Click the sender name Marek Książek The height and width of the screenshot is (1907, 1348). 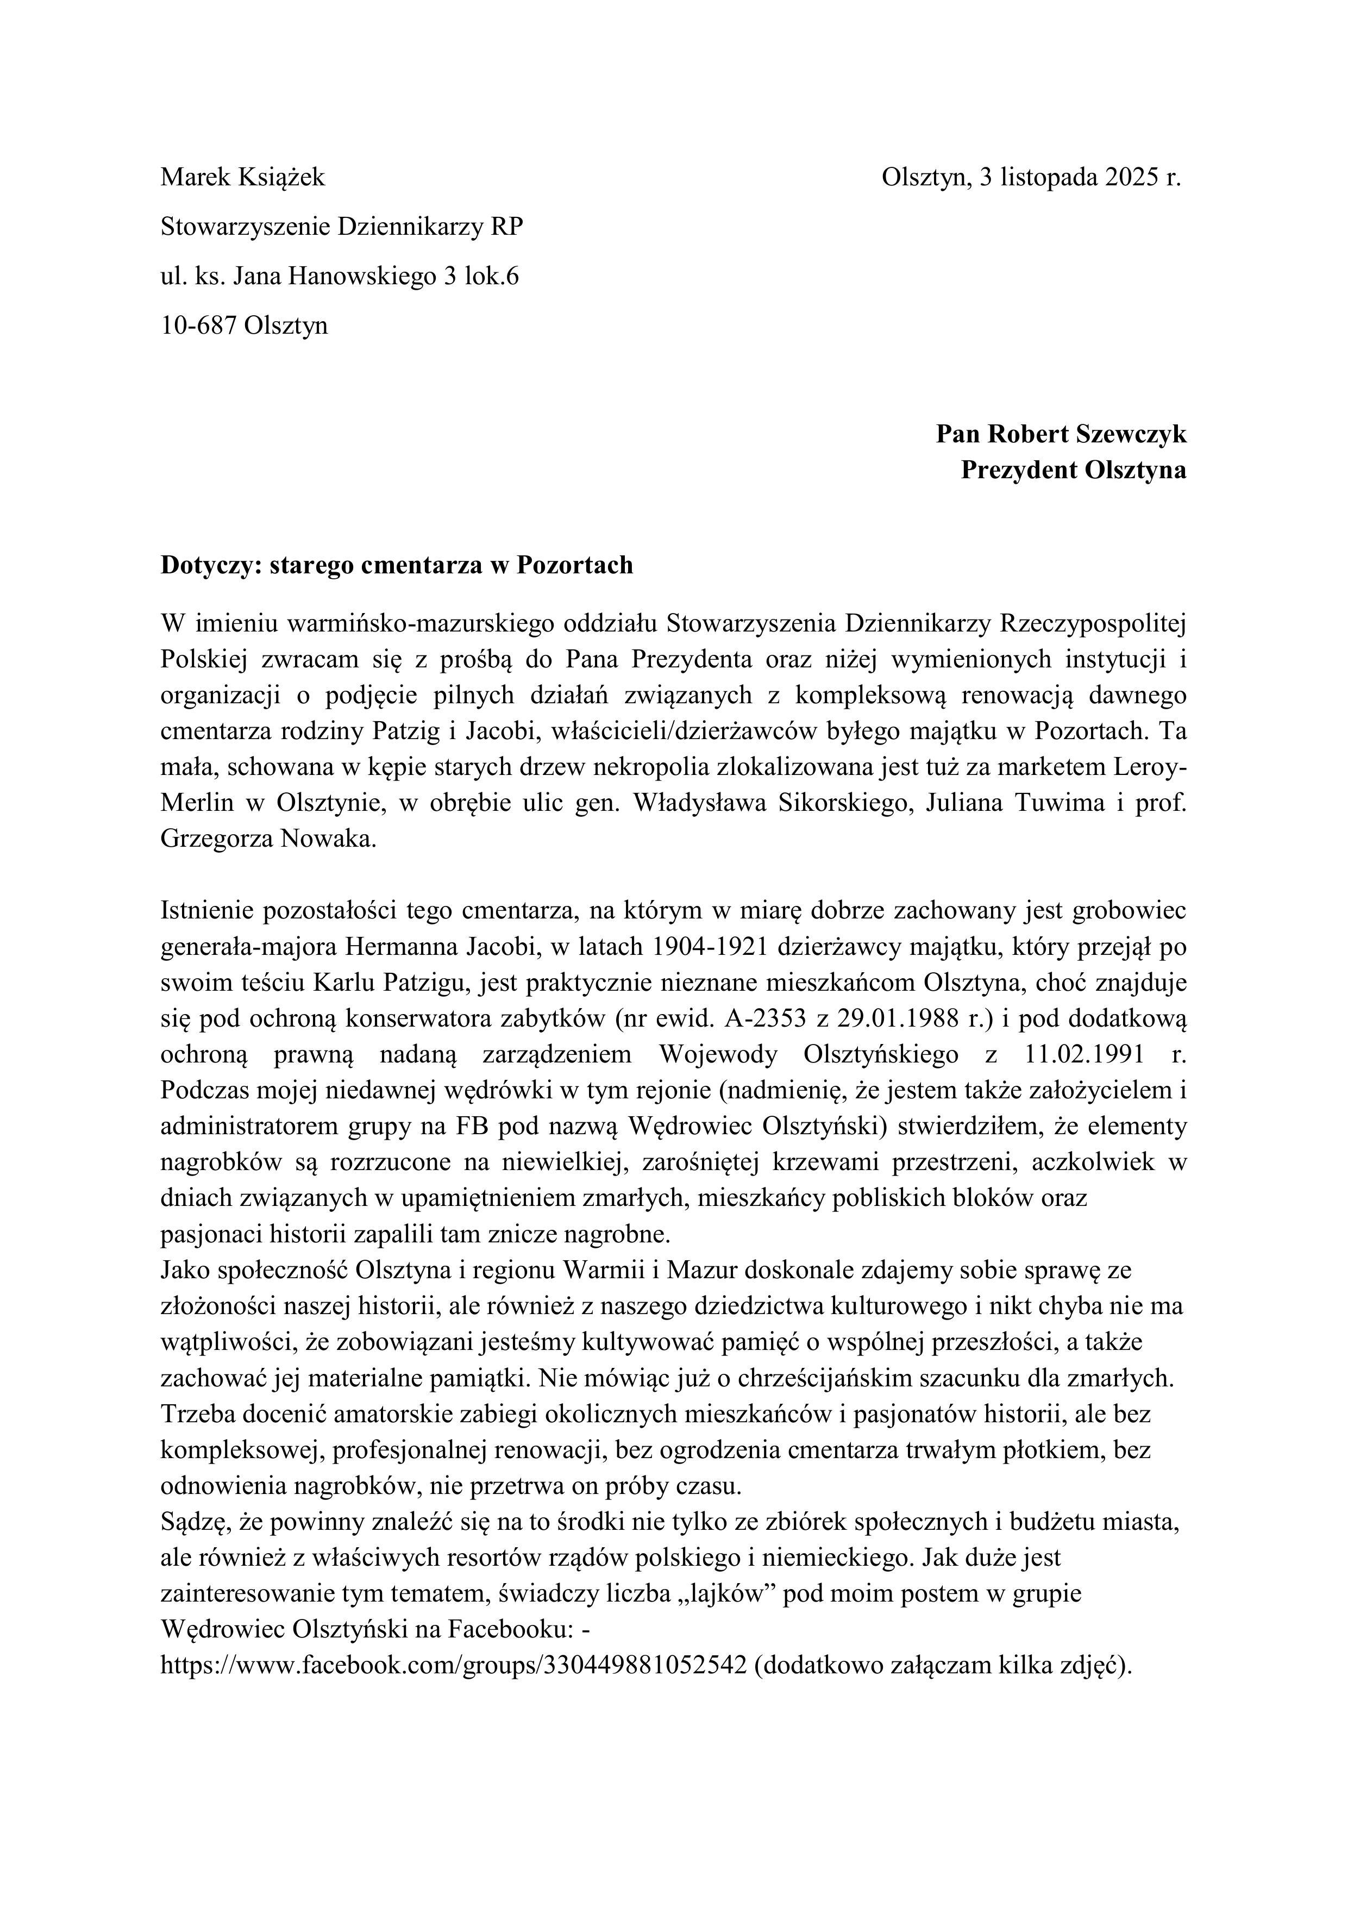[242, 177]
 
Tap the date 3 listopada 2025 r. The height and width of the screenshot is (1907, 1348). [1079, 177]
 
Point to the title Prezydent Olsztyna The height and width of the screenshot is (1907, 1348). [1073, 470]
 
